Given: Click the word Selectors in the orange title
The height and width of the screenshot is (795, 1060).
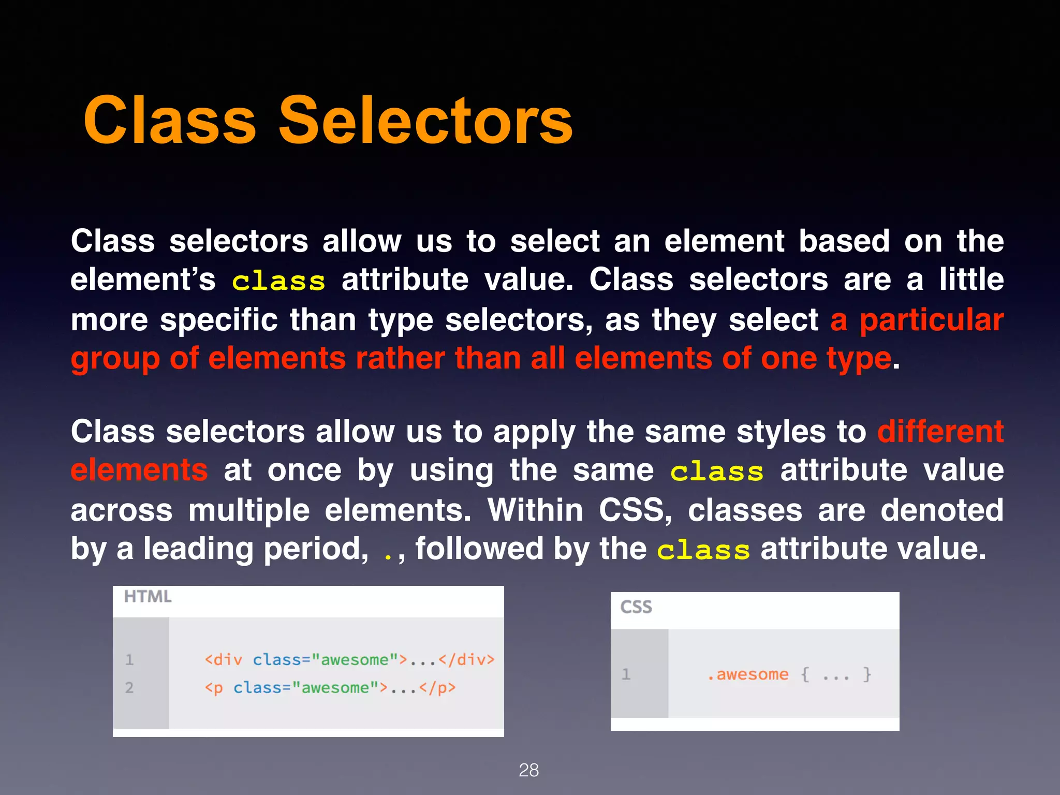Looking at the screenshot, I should (425, 121).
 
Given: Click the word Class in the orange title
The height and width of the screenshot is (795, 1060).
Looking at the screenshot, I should (170, 121).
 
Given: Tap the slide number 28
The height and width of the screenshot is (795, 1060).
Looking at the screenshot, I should (528, 770).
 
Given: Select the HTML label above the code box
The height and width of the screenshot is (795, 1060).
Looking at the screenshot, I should (148, 597).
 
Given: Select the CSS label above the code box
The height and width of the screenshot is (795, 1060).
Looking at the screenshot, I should (636, 607).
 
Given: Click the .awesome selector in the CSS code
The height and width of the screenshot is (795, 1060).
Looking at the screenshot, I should (748, 674).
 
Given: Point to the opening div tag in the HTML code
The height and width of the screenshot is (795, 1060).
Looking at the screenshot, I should (223, 660).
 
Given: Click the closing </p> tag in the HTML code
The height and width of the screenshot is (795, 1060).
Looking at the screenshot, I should (437, 688).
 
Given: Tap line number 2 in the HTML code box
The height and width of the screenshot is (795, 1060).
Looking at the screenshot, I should (129, 688).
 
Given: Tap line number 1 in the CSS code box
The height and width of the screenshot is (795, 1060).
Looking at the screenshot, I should (626, 674).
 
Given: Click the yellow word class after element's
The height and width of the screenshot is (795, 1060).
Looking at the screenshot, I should (278, 282).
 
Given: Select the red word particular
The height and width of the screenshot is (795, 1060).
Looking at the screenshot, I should (931, 320).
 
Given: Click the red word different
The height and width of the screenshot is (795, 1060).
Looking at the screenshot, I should (940, 432).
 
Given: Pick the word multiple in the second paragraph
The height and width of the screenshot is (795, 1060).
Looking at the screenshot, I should (249, 510).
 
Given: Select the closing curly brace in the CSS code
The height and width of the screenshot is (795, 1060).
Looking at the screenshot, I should (867, 674).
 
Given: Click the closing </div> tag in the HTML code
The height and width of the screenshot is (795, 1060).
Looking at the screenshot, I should (466, 660).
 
